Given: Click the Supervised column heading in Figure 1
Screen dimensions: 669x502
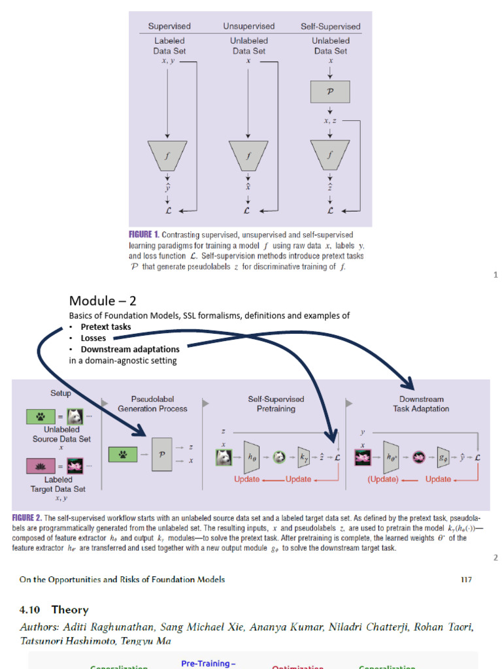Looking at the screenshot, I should coord(169,27).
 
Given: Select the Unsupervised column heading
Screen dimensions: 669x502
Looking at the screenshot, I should coord(249,27).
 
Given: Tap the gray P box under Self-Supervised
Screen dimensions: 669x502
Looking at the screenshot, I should coord(330,92).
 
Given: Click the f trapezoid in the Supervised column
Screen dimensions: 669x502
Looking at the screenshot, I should coord(168,155).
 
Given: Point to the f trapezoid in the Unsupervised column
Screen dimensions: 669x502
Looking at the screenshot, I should coord(248,155).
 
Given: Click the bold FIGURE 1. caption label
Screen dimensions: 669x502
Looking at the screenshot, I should coord(144,235).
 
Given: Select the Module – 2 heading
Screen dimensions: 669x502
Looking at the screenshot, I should coord(103,301).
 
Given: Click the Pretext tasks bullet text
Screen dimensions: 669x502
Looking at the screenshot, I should coord(106,327).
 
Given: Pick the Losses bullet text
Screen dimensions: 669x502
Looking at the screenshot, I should coord(93,338).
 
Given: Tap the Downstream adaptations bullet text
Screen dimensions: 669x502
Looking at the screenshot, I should coord(130,349).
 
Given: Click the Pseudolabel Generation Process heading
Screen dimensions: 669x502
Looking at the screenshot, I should coord(152,404).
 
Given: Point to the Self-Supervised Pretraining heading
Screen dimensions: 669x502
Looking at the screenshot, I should coord(276,404).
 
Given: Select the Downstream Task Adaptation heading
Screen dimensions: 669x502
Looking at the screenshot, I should coord(421,404).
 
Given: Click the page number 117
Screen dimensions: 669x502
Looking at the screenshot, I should coord(465,579).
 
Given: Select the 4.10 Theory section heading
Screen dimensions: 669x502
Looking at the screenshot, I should coord(54,610).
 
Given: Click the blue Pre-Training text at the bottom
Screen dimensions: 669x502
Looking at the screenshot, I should coord(209,663).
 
